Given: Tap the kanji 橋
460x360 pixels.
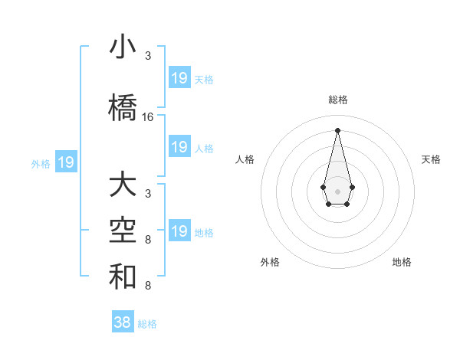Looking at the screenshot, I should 123,107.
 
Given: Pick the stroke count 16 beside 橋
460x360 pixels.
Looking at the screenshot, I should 148,117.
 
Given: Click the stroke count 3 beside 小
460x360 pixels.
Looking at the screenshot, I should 148,56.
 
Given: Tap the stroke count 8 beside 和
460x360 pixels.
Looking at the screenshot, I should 148,286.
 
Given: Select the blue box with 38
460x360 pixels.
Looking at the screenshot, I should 123,322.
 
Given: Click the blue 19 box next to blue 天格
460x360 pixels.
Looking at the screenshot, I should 179,78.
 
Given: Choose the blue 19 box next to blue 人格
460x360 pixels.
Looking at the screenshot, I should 179,147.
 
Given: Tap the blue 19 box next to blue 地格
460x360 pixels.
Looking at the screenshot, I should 179,231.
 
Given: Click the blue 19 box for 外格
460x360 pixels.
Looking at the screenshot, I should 66,162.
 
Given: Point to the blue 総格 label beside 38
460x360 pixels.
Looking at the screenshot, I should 147,324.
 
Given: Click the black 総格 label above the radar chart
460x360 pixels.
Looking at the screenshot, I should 337,100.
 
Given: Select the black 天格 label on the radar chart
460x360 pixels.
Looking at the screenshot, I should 431,159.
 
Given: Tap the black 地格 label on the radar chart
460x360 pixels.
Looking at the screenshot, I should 402,262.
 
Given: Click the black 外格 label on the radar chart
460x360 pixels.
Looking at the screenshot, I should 270,262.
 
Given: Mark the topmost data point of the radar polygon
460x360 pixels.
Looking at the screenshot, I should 337,129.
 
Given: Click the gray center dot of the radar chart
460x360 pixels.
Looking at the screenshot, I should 337,190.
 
